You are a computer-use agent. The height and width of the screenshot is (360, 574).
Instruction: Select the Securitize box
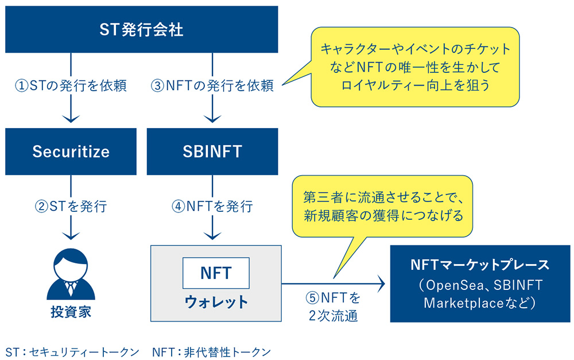tap(71, 152)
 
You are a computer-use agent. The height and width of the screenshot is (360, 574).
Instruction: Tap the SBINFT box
tap(213, 152)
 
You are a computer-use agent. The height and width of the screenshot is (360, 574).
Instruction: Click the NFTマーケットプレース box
tap(480, 284)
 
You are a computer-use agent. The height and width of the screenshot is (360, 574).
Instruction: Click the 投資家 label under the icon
tap(71, 313)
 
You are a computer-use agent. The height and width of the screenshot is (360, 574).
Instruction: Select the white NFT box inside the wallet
tap(216, 273)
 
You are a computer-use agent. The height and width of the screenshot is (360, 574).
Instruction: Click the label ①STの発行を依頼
tap(70, 86)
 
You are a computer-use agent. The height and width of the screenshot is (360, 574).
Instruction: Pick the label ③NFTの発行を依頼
tap(212, 86)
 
